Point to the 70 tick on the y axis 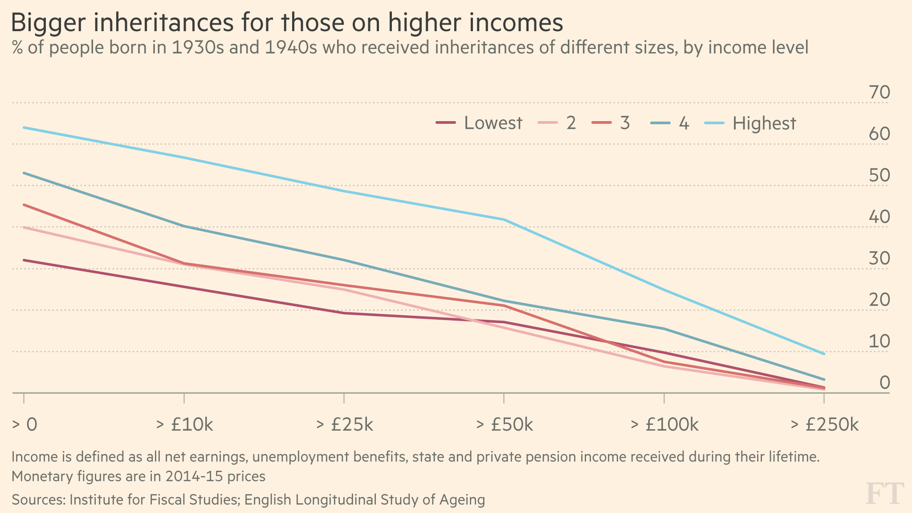pos(879,93)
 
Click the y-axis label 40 pos(879,217)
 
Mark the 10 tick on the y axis pos(879,342)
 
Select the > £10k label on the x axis pos(184,425)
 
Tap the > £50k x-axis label pos(504,425)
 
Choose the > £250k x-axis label pos(824,425)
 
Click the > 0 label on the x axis pos(24,425)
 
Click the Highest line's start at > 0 pos(24,128)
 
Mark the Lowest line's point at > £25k pos(344,313)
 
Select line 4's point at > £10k pos(184,226)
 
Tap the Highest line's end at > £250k pos(824,354)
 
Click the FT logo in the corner pos(884,493)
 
